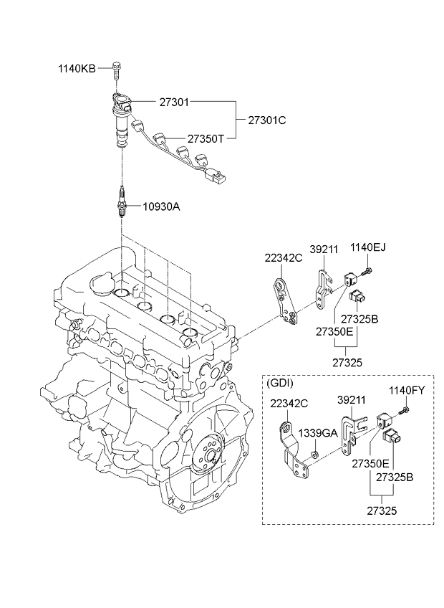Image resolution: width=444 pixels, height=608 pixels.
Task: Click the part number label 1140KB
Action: tap(77, 69)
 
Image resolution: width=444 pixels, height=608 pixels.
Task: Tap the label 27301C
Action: tap(267, 120)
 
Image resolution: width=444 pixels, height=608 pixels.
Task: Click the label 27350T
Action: tap(206, 138)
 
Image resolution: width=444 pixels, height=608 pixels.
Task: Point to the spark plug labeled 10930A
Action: tap(122, 201)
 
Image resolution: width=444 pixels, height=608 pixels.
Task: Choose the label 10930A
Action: tap(161, 206)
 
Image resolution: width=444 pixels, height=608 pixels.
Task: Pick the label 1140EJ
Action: tap(368, 247)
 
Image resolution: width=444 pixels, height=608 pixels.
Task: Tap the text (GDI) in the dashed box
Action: tap(280, 384)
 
